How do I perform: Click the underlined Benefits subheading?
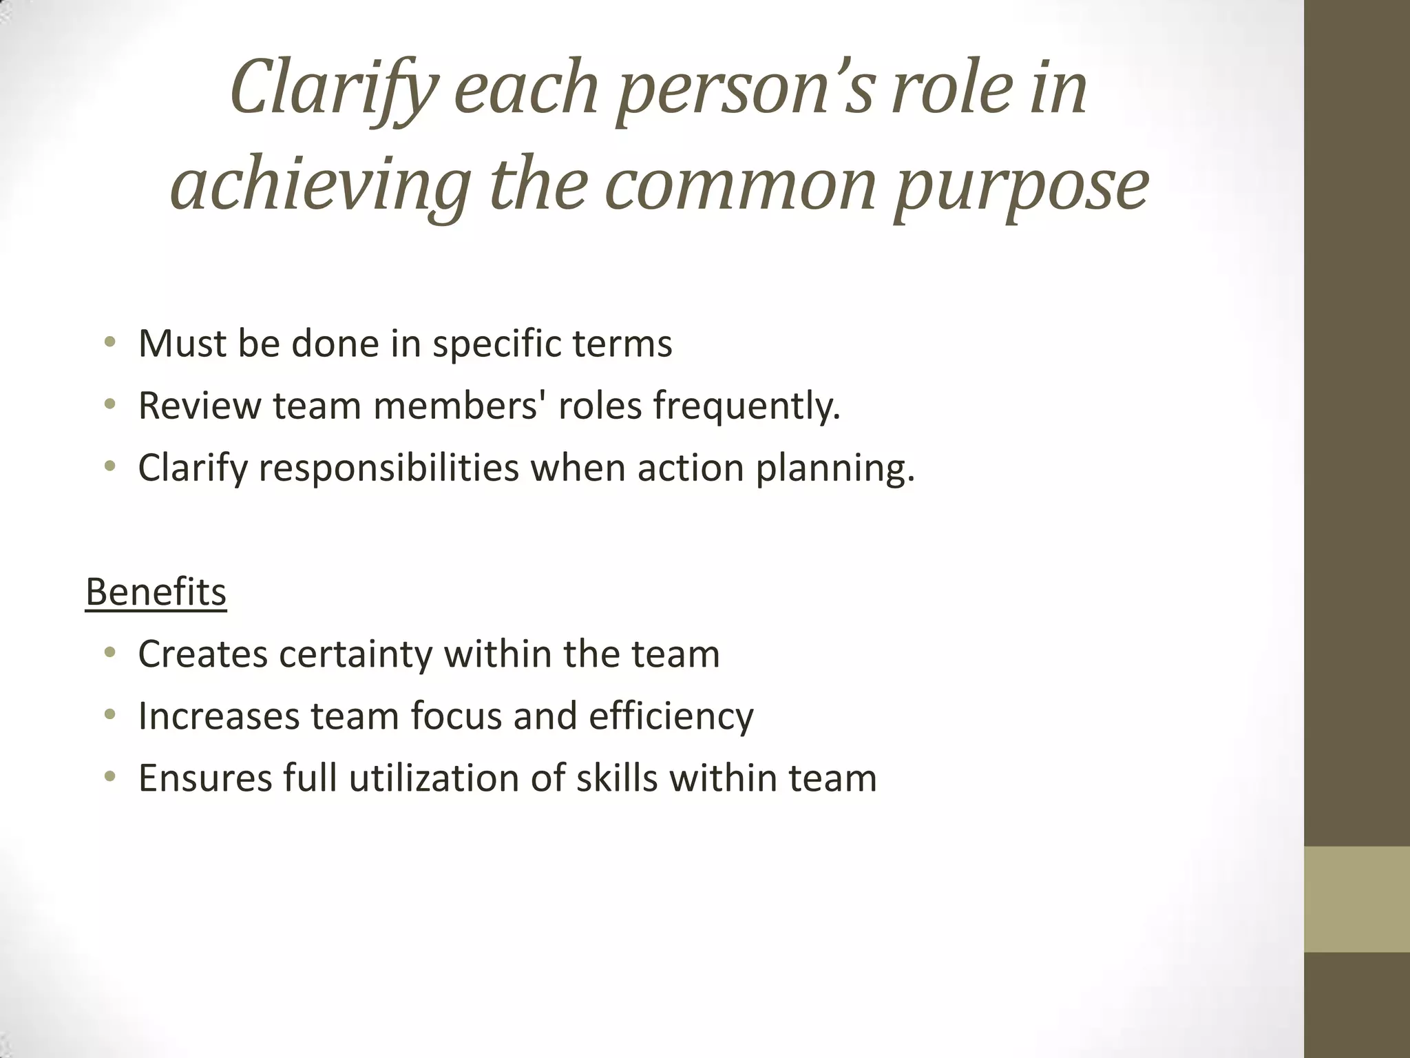point(156,592)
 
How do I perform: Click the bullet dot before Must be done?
point(109,342)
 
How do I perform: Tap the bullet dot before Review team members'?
point(109,404)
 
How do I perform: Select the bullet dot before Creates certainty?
point(109,653)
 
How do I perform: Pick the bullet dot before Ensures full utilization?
point(109,777)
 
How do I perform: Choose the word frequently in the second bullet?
point(746,406)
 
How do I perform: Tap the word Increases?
point(219,716)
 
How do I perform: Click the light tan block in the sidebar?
point(1357,899)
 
